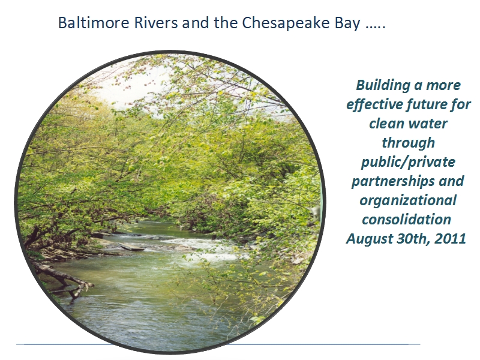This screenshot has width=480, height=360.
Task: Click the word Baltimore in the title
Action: point(94,23)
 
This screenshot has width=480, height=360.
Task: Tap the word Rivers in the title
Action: point(156,23)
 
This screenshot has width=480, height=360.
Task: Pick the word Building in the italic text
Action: point(383,85)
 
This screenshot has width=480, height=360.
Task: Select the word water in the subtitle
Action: point(428,124)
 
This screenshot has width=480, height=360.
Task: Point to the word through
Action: point(409,143)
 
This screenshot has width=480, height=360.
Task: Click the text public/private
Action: point(409,162)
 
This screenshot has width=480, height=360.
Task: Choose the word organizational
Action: point(408,201)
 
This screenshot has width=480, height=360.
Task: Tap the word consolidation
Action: point(407,220)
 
